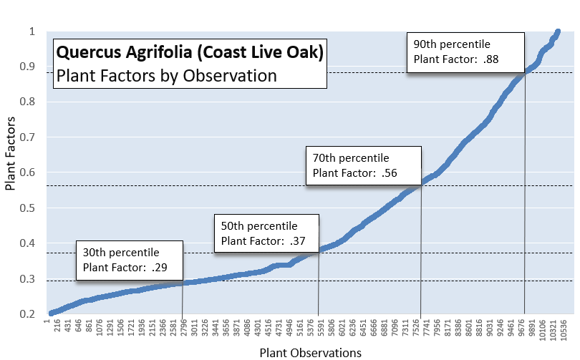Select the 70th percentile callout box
tap(363, 165)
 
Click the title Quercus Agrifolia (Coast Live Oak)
tap(190, 52)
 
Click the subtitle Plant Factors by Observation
tap(166, 74)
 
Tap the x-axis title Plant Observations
tap(310, 352)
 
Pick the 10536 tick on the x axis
tap(564, 331)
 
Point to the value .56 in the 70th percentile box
tap(389, 172)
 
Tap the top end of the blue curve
tap(558, 32)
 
